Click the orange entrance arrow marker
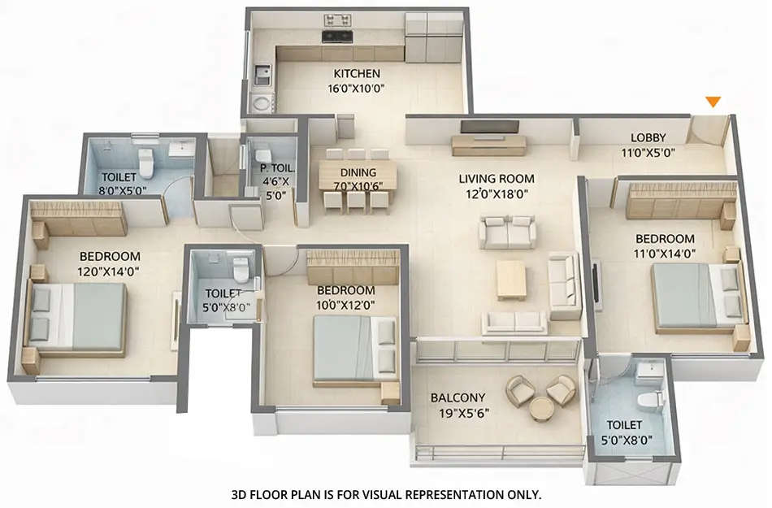pyautogui.click(x=713, y=102)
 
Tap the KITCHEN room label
pyautogui.click(x=355, y=74)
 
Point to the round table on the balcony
pyautogui.click(x=540, y=409)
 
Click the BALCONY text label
pyautogui.click(x=458, y=397)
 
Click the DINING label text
pyautogui.click(x=358, y=172)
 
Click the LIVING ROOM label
pyautogui.click(x=496, y=179)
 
